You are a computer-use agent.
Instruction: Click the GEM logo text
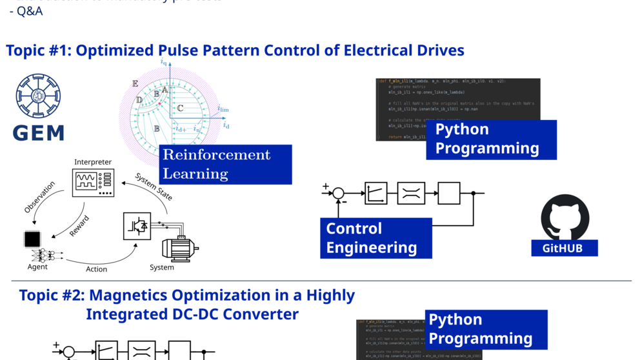click(39, 132)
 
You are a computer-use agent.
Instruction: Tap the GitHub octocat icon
click(565, 217)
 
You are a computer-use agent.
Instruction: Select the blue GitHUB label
click(565, 248)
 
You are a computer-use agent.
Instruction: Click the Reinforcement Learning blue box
click(225, 164)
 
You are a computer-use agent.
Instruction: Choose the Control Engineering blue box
click(375, 237)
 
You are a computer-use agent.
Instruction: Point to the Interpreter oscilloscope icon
click(93, 182)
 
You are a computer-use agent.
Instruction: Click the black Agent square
click(32, 239)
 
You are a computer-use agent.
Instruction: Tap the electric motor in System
click(179, 248)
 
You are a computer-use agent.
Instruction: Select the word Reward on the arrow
click(79, 226)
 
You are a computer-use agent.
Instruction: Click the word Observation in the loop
click(39, 197)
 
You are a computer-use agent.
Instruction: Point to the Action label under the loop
click(97, 269)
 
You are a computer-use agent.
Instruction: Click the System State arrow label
click(154, 186)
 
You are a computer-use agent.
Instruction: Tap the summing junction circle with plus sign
click(338, 193)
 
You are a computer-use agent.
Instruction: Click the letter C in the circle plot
click(180, 108)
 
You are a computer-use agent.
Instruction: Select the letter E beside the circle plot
click(135, 84)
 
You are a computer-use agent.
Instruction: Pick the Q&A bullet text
click(30, 11)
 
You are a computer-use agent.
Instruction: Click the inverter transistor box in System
click(137, 226)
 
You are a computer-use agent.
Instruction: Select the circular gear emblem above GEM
click(39, 97)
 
